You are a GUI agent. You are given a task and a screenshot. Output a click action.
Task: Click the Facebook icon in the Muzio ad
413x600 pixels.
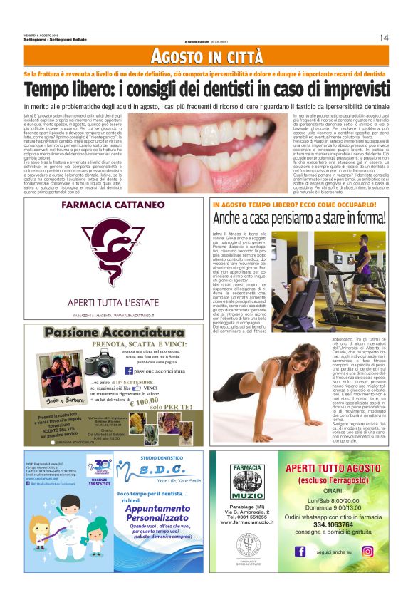(x=299, y=570)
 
